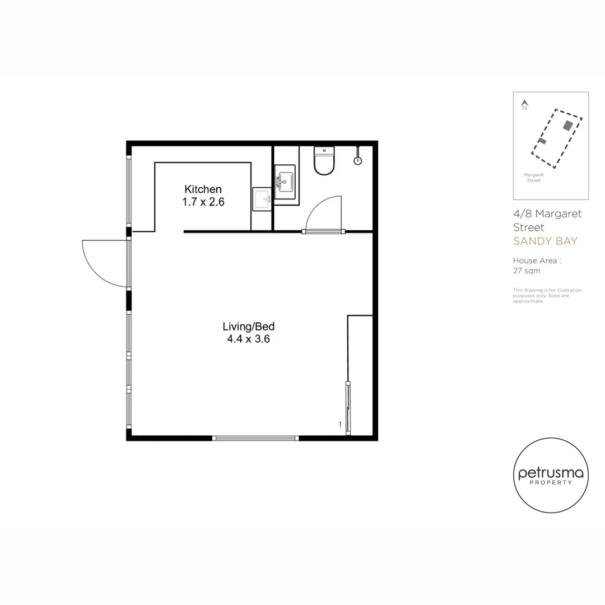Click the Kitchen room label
(x=203, y=189)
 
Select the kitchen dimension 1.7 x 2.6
(x=203, y=202)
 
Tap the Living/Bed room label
(x=248, y=327)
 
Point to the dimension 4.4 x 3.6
(x=248, y=339)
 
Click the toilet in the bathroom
(x=324, y=161)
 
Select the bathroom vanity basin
(x=286, y=182)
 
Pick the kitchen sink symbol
(x=262, y=199)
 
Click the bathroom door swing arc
(x=323, y=212)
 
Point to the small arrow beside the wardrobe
(x=340, y=424)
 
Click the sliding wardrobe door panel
(x=348, y=407)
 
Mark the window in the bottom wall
(x=255, y=438)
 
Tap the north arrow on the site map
(x=524, y=104)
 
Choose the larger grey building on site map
(x=568, y=125)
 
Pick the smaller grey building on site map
(x=542, y=141)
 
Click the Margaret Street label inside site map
(x=533, y=178)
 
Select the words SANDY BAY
(x=545, y=241)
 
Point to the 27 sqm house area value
(x=527, y=271)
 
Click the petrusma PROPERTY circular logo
(x=551, y=475)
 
